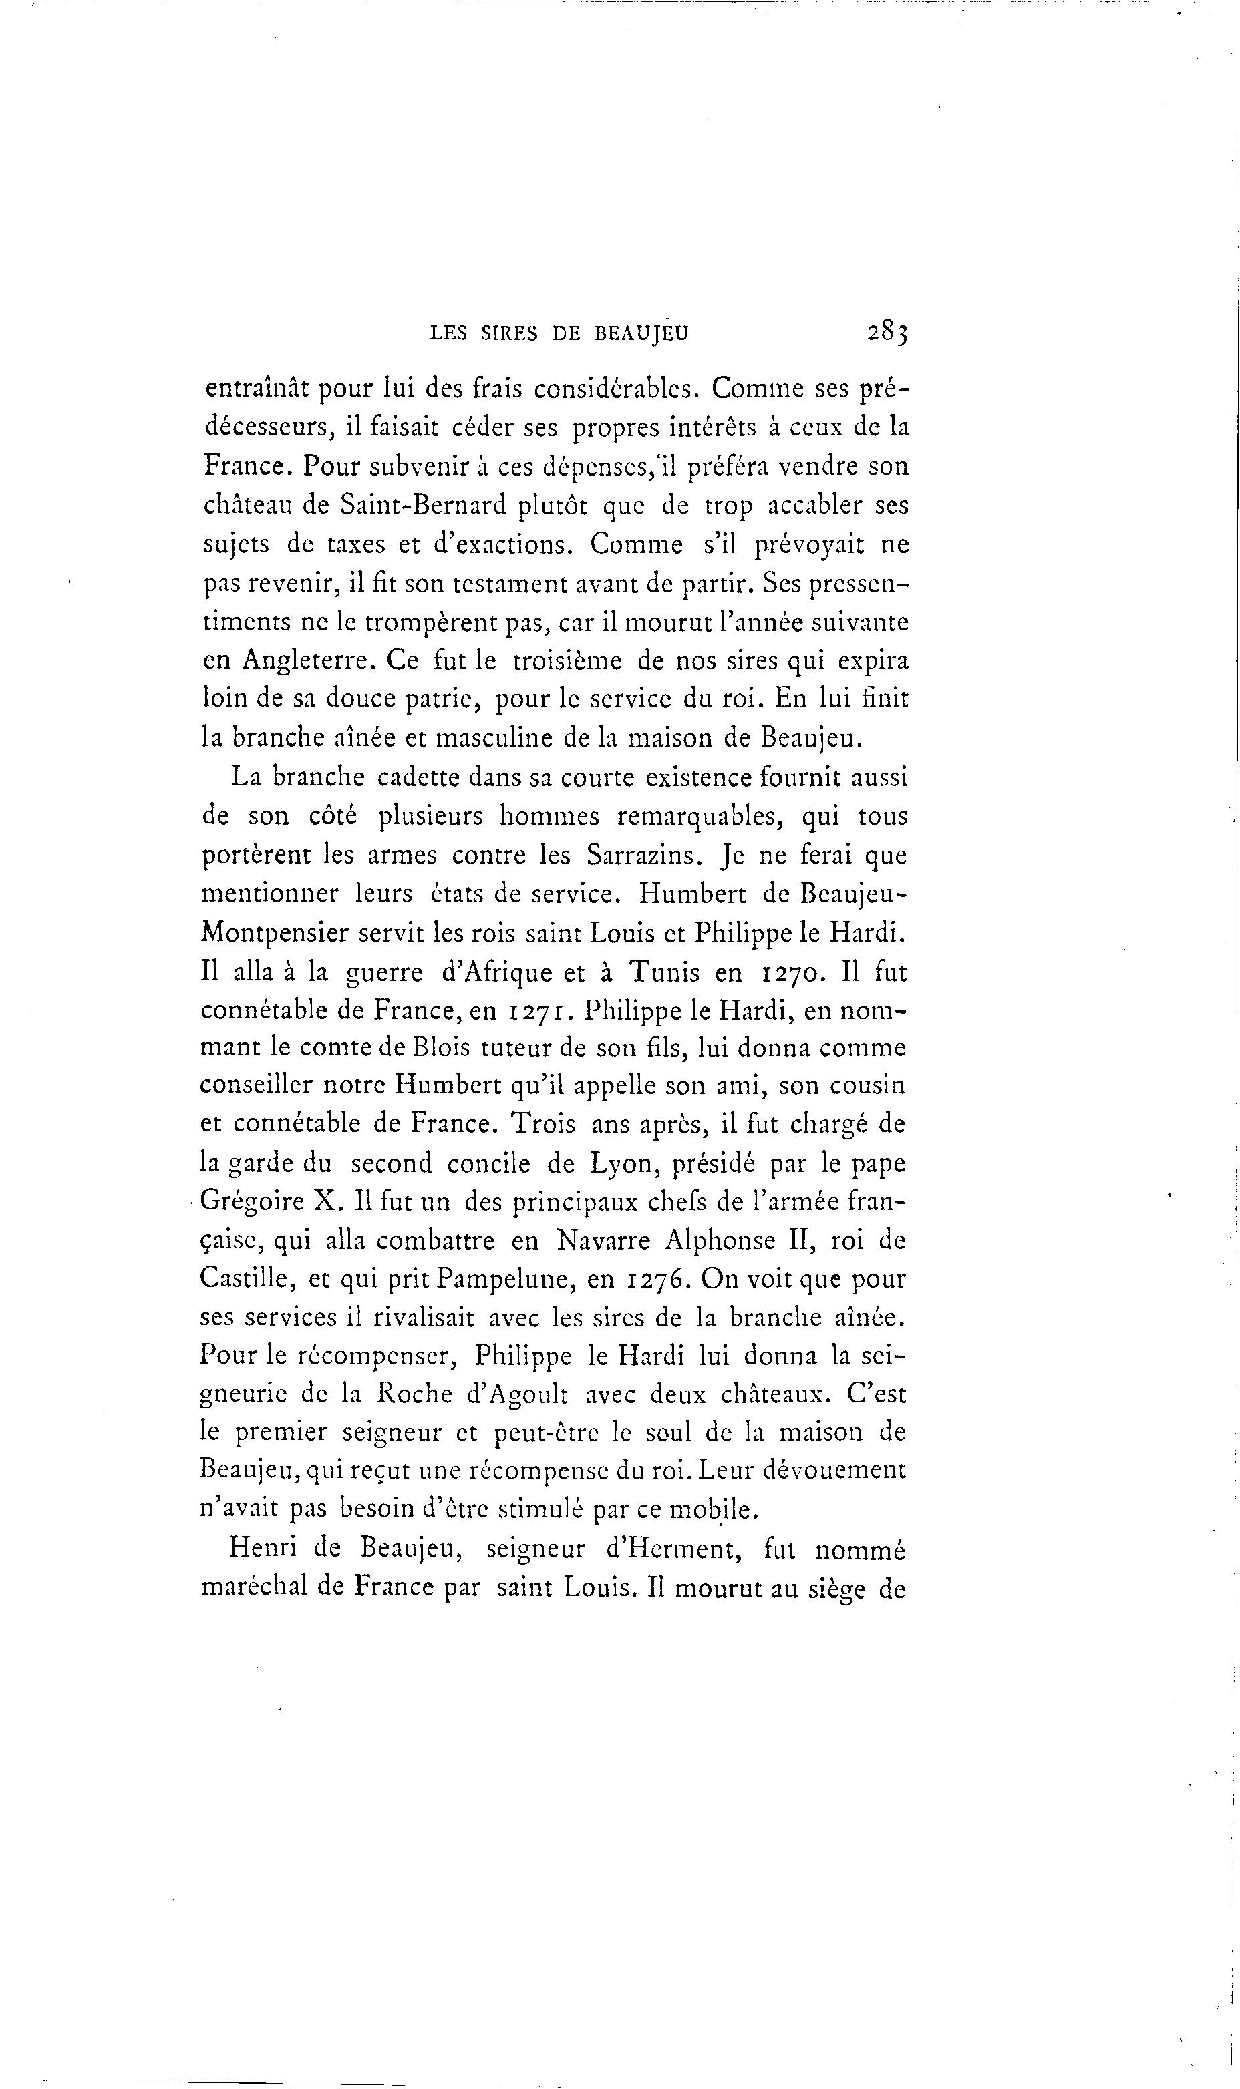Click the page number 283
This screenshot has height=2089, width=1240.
pos(887,332)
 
